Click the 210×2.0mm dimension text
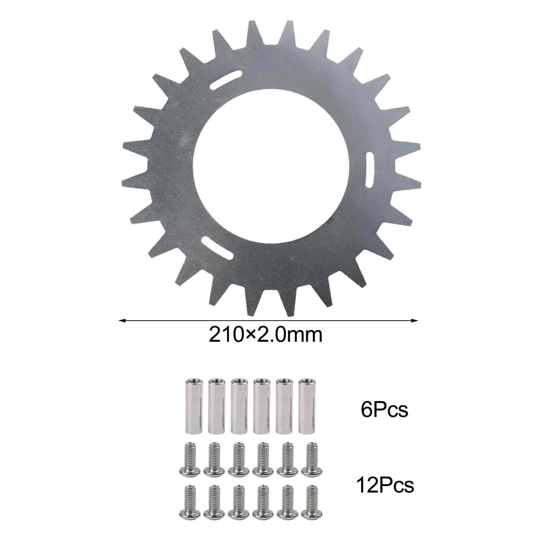(x=266, y=335)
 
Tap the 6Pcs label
(x=384, y=410)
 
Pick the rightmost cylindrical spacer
(x=306, y=406)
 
